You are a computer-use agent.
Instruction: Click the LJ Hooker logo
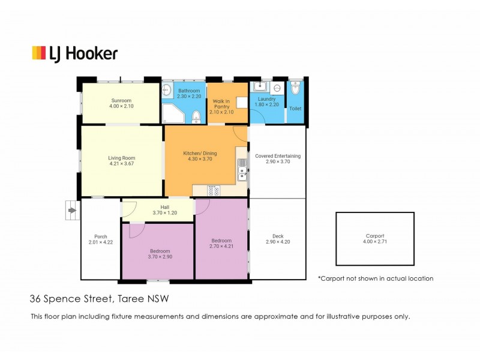click(x=74, y=54)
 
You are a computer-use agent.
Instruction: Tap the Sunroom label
click(x=121, y=100)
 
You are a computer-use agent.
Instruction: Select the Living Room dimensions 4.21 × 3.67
click(x=122, y=164)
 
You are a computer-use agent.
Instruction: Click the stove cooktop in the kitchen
click(x=214, y=190)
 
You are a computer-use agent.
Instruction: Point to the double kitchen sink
click(x=242, y=170)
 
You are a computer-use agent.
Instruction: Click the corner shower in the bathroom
click(x=173, y=113)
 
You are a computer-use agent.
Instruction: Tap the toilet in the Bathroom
click(x=196, y=118)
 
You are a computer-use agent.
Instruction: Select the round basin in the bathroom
click(x=166, y=89)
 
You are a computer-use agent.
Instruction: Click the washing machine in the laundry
click(x=277, y=88)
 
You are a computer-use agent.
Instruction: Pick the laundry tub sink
click(x=260, y=86)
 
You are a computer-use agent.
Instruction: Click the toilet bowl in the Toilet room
click(x=295, y=88)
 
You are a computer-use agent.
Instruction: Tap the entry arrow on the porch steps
click(x=72, y=211)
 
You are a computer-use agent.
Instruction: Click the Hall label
click(x=164, y=207)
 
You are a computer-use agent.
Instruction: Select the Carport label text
click(x=375, y=236)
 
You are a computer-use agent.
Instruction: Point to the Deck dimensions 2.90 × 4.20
click(x=278, y=242)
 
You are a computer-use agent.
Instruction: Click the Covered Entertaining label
click(x=278, y=156)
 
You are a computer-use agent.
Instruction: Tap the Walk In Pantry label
click(x=221, y=104)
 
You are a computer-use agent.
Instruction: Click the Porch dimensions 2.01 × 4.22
click(x=101, y=242)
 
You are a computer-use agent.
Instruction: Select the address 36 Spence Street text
click(x=71, y=299)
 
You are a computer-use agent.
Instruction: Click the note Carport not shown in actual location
click(x=376, y=278)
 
